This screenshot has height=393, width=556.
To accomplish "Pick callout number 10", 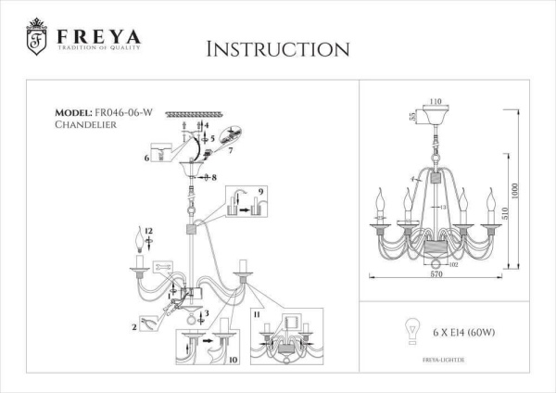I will coord(234,358).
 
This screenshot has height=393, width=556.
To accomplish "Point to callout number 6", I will coord(147,158).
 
